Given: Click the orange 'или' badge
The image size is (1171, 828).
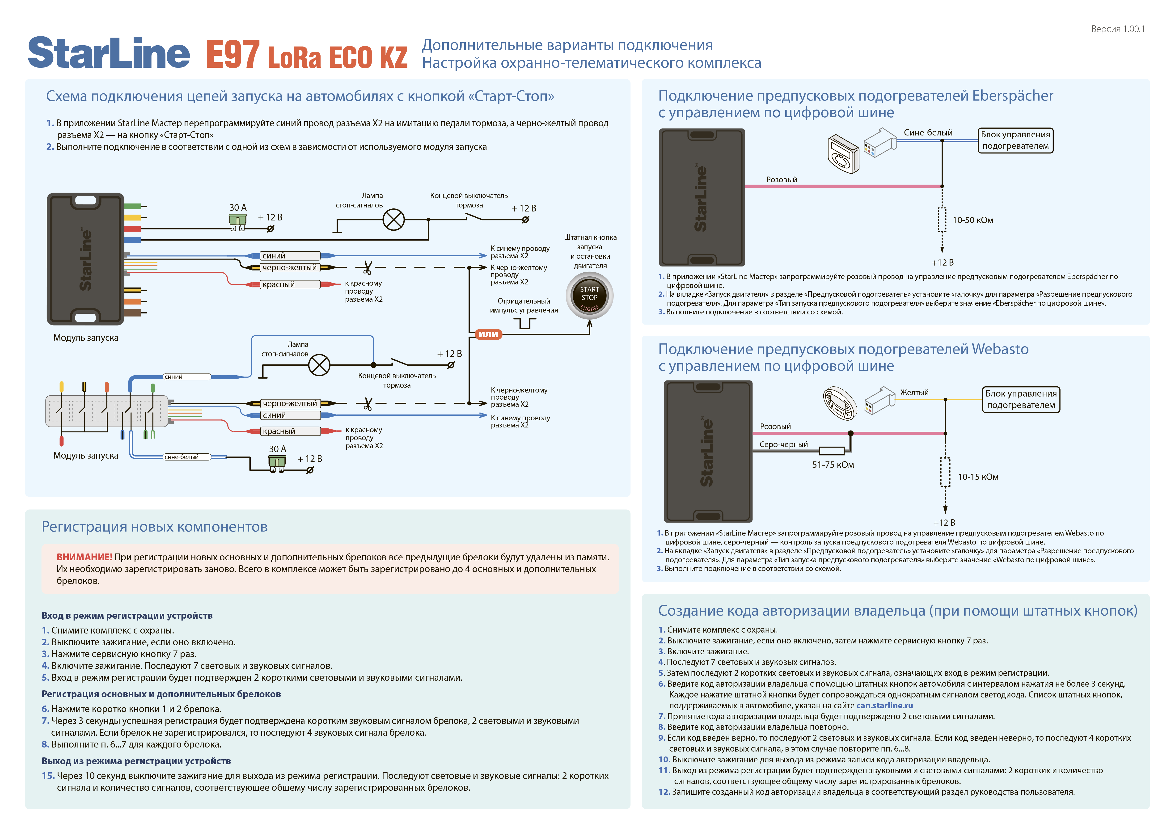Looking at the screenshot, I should (488, 334).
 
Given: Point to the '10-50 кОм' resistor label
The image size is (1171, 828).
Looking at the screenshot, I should (972, 220).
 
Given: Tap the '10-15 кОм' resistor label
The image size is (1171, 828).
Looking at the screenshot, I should (978, 477).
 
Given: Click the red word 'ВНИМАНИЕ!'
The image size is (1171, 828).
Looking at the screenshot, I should (84, 557).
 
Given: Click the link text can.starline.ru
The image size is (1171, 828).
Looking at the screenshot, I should (884, 706).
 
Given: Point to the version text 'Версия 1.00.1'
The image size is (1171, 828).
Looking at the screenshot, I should (1117, 30).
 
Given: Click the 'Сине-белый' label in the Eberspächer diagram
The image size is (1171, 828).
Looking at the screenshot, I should (928, 133).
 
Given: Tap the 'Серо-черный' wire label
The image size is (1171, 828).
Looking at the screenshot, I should (783, 445).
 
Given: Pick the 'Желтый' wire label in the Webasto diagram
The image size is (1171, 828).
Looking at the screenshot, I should (914, 393).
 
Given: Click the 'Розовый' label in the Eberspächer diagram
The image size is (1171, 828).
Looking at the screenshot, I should (781, 179).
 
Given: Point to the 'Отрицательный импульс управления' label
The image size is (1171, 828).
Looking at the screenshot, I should (524, 305).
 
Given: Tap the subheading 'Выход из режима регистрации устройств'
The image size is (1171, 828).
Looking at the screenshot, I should (136, 761).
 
